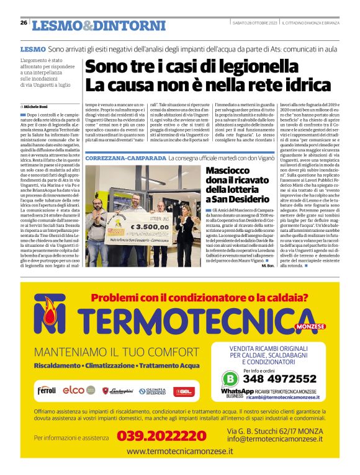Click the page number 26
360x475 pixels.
(x=24, y=24)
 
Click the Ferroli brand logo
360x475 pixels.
(x=47, y=391)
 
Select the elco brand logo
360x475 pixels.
(x=73, y=390)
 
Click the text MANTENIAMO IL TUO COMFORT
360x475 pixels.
(x=110, y=353)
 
